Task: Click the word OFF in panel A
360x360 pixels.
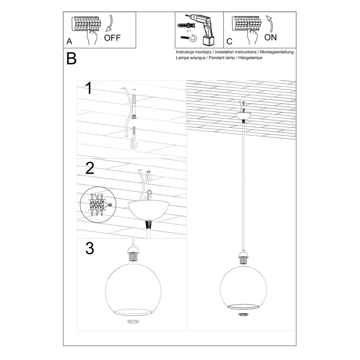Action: pyautogui.click(x=112, y=37)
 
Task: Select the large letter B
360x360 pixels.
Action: pyautogui.click(x=71, y=58)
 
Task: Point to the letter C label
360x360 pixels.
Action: pyautogui.click(x=229, y=41)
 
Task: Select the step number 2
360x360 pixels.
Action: pyautogui.click(x=90, y=168)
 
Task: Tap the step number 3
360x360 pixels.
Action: pyautogui.click(x=90, y=248)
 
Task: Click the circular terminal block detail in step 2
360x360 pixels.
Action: pyautogui.click(x=96, y=204)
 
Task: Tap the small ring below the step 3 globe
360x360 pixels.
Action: pyautogui.click(x=133, y=322)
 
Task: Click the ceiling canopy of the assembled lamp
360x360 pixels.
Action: pyautogui.click(x=243, y=117)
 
